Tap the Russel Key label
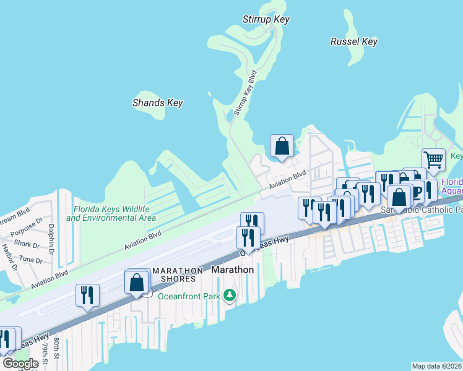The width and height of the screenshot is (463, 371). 353,42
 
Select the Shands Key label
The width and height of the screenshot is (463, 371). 157,103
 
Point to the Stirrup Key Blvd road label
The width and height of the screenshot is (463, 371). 245,93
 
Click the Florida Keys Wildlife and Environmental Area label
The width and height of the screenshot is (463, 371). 111,213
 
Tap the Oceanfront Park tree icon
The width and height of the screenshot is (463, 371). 230,296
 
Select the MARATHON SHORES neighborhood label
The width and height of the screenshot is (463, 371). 178,275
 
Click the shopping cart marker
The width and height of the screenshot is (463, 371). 433,159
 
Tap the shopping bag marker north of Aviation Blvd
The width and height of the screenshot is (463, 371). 282,147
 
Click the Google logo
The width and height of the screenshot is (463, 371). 20,364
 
